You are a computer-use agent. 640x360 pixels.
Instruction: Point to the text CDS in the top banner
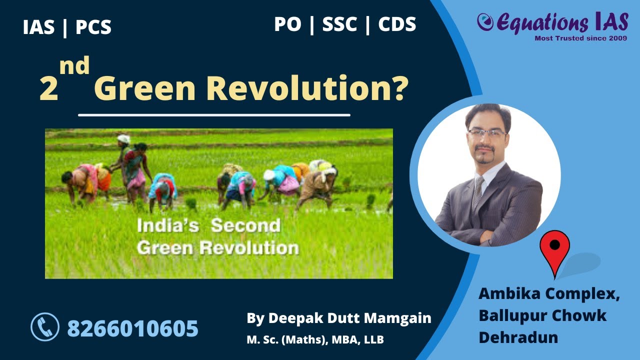397,24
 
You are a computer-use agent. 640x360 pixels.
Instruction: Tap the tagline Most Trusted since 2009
580,38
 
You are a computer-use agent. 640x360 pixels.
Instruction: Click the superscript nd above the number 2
74,66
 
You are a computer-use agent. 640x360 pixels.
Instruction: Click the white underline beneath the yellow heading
214,115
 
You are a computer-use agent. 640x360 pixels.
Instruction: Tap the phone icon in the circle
45,327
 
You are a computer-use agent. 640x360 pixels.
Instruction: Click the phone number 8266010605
132,328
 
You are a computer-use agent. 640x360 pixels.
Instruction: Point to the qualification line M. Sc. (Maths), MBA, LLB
315,340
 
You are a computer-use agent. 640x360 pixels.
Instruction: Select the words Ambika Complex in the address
548,293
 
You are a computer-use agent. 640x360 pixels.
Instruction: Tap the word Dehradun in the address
518,337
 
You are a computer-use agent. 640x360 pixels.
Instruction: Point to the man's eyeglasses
486,133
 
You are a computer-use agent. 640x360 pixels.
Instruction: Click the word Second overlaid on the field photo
245,225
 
